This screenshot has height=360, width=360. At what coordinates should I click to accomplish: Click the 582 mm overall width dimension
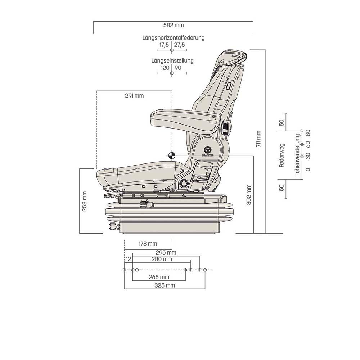174,25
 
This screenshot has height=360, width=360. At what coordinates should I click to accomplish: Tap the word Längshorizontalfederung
174,38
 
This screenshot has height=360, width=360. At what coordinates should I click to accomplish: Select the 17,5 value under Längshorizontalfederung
164,45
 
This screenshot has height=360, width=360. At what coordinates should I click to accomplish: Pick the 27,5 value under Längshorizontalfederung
179,45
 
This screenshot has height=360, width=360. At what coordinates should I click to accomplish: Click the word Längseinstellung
172,61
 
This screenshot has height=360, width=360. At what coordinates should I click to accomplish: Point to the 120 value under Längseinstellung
165,68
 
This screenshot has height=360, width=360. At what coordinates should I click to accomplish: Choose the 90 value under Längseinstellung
178,68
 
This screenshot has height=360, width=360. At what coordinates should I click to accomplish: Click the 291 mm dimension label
134,95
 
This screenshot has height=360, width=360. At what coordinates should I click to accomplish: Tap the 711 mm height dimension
258,139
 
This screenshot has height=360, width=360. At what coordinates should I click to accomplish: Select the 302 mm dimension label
249,194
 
